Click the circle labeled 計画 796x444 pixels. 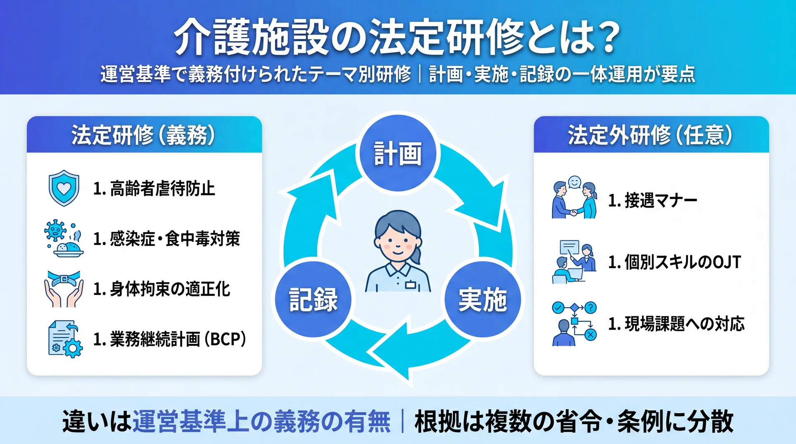(x=398, y=153)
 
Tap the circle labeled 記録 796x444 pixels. (x=313, y=299)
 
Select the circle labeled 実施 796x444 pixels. (x=483, y=299)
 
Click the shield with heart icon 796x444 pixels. (x=63, y=188)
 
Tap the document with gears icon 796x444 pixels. (x=65, y=339)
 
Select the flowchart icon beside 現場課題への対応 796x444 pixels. (x=574, y=323)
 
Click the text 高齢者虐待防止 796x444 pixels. (x=163, y=188)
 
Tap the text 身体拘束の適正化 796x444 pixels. (x=170, y=289)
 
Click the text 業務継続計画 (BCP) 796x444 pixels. (x=178, y=339)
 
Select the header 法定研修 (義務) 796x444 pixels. (x=143, y=135)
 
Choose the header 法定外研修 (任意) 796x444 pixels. (x=650, y=135)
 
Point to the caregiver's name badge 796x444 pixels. (x=410, y=285)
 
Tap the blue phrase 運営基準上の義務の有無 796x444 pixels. (x=262, y=421)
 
